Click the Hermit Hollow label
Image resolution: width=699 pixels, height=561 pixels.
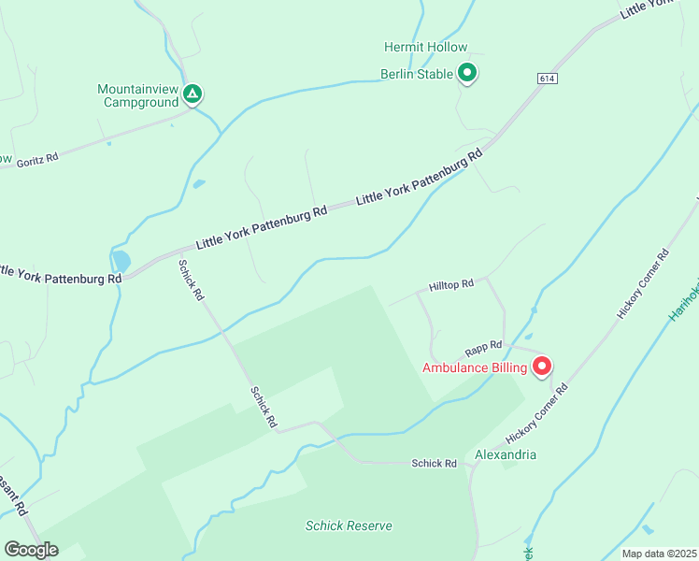tap(425, 47)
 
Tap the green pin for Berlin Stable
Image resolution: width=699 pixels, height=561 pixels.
tap(467, 73)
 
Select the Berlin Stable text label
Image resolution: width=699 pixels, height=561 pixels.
tap(417, 74)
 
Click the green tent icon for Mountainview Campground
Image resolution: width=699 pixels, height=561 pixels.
tap(192, 93)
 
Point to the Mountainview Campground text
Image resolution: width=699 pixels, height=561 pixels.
tap(137, 96)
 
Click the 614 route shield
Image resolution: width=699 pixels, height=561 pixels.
tap(548, 79)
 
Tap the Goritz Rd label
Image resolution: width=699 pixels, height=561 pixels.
tap(37, 160)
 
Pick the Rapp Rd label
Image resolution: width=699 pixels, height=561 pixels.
tap(484, 346)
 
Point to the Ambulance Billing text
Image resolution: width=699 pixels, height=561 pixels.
tap(475, 368)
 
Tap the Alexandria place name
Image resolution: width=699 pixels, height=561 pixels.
tap(506, 454)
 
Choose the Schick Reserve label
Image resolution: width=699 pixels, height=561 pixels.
tap(349, 525)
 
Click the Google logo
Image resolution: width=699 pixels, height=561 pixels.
tap(31, 550)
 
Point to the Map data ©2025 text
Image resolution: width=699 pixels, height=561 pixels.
tap(659, 554)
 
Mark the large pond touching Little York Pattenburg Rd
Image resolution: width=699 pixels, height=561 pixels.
tap(121, 261)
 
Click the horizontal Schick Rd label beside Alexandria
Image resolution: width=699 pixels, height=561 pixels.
tap(435, 464)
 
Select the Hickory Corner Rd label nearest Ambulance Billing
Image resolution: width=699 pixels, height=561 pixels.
tap(536, 412)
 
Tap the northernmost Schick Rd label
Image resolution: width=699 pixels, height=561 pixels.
tap(192, 280)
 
